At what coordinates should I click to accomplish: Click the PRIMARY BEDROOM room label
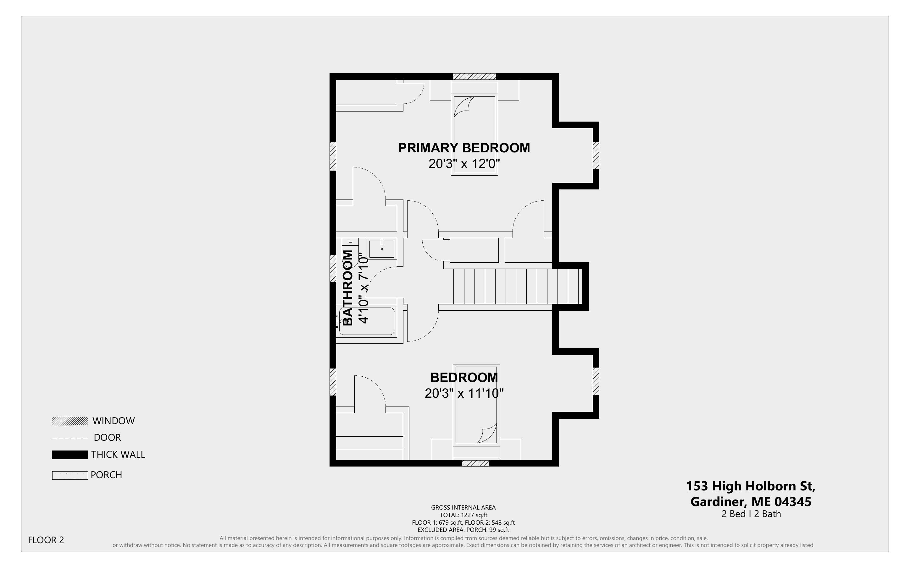464,148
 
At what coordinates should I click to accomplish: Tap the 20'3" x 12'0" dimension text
464,164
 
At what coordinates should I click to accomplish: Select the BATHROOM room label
348,288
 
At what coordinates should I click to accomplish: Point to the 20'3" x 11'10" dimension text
464,393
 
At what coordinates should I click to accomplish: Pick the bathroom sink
381,249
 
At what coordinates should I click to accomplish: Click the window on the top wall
474,77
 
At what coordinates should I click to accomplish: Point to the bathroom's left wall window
333,268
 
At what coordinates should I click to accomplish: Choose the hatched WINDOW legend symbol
70,421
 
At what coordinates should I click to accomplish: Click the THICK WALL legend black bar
70,455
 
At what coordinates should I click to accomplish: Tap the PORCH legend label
106,475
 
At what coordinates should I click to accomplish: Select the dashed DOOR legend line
70,438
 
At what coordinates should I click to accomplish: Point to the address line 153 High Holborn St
751,486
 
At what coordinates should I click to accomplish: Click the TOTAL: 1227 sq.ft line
463,515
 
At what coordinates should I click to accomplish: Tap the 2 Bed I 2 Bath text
751,514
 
